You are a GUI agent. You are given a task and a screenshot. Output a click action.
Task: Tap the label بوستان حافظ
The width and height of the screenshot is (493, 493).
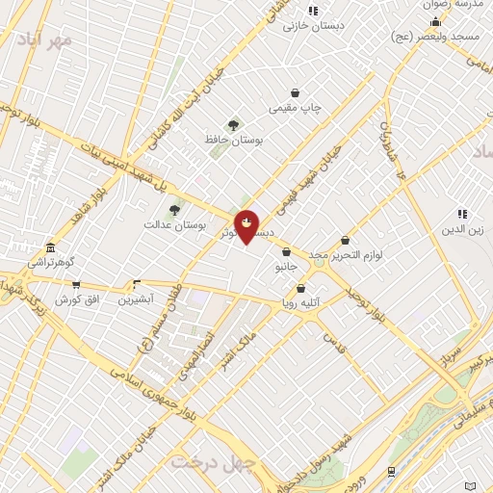pos(233,141)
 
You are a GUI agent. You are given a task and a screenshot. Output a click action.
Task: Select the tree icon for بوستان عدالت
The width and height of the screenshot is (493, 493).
pos(174,210)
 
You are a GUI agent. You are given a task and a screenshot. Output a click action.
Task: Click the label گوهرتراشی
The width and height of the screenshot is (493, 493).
pos(50,262)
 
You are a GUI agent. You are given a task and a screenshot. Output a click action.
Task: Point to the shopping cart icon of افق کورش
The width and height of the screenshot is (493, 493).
pos(76,284)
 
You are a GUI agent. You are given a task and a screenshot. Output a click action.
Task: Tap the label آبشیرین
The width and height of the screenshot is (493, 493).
pos(136,299)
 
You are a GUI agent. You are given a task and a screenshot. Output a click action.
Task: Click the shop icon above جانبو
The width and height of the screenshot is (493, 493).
pos(286,251)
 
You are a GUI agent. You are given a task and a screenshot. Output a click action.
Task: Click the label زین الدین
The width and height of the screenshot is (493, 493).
pos(462,229)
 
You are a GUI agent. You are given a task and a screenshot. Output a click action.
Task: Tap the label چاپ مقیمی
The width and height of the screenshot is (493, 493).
pos(294,109)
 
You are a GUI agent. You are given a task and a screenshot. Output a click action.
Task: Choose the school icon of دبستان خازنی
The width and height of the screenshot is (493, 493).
pos(313,11)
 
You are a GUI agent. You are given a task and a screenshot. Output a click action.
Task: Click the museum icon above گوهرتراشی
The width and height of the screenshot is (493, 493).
pos(50,246)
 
